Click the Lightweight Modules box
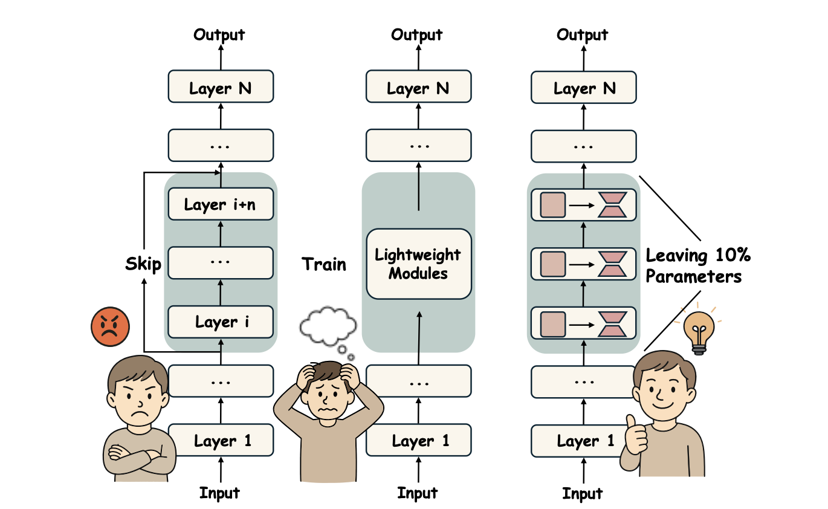[418, 264]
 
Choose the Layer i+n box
[221, 205]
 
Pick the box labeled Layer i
[221, 322]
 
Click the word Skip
[143, 264]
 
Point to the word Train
[325, 264]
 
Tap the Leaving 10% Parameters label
[698, 266]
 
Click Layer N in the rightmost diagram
[583, 89]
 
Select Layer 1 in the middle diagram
[418, 441]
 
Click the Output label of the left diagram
[220, 35]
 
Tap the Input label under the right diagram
[583, 493]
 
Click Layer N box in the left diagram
[221, 89]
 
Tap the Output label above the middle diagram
[418, 35]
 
